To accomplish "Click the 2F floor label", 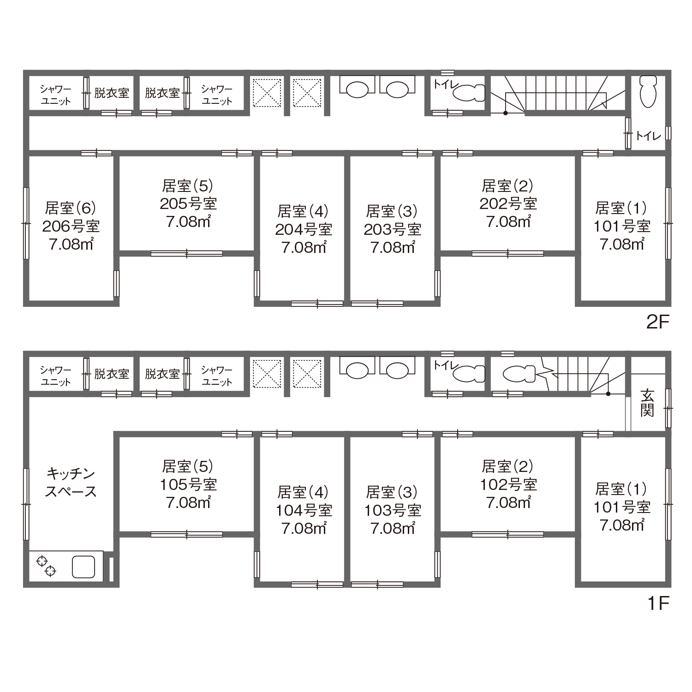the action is [x=657, y=322].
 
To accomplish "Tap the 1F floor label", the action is [x=658, y=603].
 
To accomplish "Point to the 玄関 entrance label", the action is [x=647, y=403].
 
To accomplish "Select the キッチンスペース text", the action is [x=71, y=482].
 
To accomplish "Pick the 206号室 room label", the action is [x=71, y=226].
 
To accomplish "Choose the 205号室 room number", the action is [x=188, y=203].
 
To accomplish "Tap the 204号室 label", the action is [x=304, y=229].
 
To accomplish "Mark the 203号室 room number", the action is [x=392, y=229].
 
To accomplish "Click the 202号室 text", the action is [x=508, y=203].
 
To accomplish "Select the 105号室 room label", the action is [x=188, y=484].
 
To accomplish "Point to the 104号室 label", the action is [x=304, y=510].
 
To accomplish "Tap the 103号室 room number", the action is [x=392, y=510].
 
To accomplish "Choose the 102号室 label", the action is [x=508, y=484].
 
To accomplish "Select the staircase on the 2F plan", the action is [x=557, y=94].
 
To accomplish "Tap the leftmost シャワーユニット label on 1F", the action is [x=55, y=376].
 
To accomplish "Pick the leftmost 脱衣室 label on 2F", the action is [x=111, y=93].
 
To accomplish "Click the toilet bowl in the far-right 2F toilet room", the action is [x=648, y=91].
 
